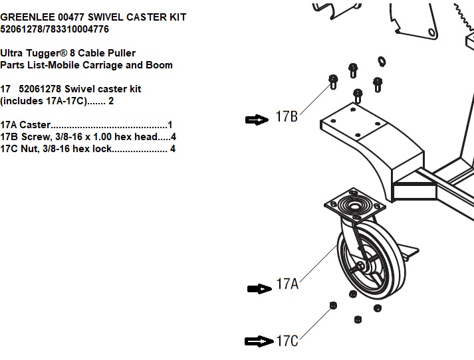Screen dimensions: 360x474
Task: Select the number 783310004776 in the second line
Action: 78,29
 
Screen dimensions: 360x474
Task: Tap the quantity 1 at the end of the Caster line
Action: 170,125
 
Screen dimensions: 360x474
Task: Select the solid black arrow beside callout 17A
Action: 258,288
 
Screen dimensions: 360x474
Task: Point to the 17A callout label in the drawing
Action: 287,285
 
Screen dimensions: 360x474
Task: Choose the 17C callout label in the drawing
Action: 287,341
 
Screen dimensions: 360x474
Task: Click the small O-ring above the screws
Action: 382,62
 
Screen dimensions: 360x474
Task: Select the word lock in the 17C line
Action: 101,149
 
